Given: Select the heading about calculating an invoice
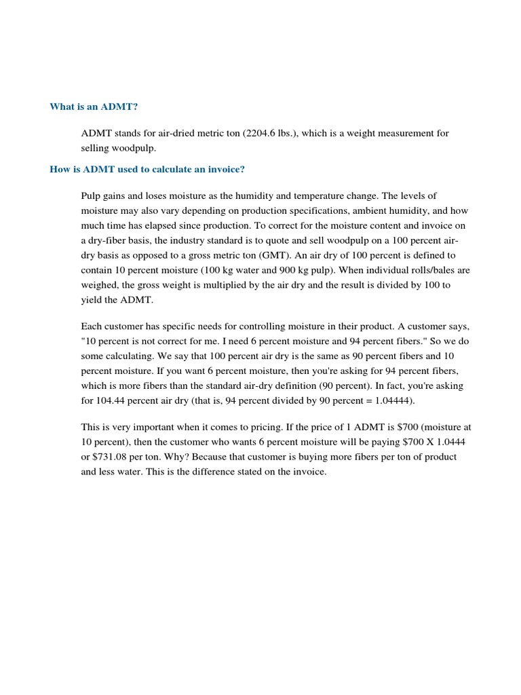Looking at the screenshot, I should point(147,169).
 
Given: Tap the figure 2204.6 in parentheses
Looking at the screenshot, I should point(261,133).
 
